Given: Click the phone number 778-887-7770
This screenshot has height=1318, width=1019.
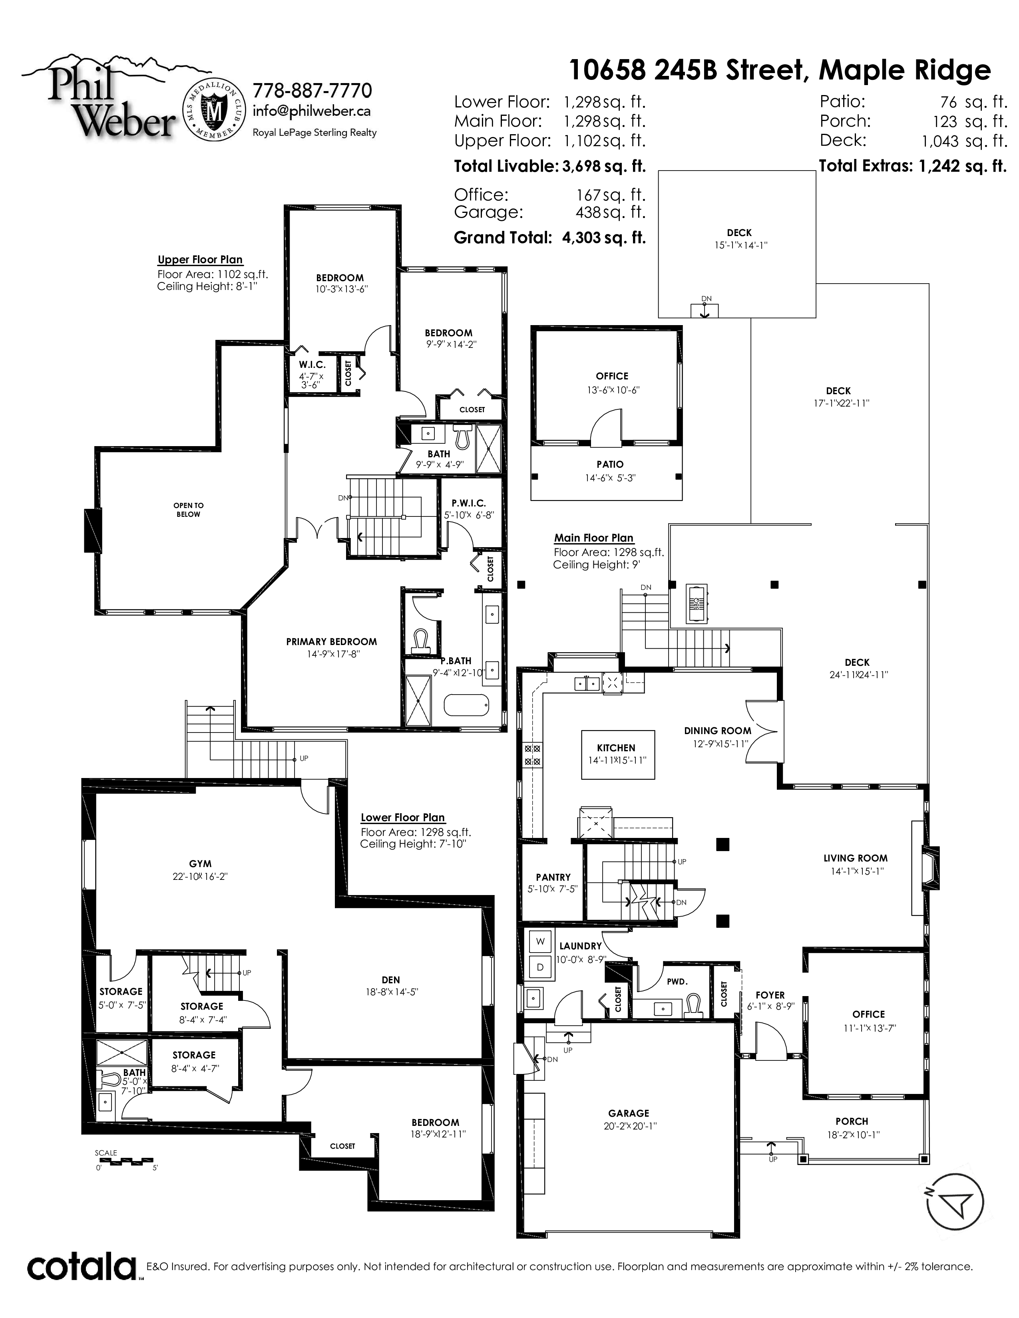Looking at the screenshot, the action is click(312, 91).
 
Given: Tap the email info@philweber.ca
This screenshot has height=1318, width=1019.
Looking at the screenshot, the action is click(312, 111).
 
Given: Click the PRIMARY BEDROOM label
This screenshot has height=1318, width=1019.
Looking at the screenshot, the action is click(331, 641).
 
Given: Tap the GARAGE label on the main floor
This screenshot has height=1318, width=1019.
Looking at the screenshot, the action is click(629, 1114).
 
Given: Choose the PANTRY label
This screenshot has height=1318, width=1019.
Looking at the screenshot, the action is click(553, 877).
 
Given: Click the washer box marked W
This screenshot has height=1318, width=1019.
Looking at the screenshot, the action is click(540, 941).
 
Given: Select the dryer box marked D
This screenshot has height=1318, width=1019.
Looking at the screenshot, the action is click(540, 967).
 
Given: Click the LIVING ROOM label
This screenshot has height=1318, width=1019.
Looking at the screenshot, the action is click(856, 858).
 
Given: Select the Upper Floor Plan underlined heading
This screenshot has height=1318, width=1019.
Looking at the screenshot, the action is click(200, 260).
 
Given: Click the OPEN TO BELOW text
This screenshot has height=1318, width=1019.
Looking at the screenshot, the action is click(188, 510).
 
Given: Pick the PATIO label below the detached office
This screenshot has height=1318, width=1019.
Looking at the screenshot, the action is click(610, 464).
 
